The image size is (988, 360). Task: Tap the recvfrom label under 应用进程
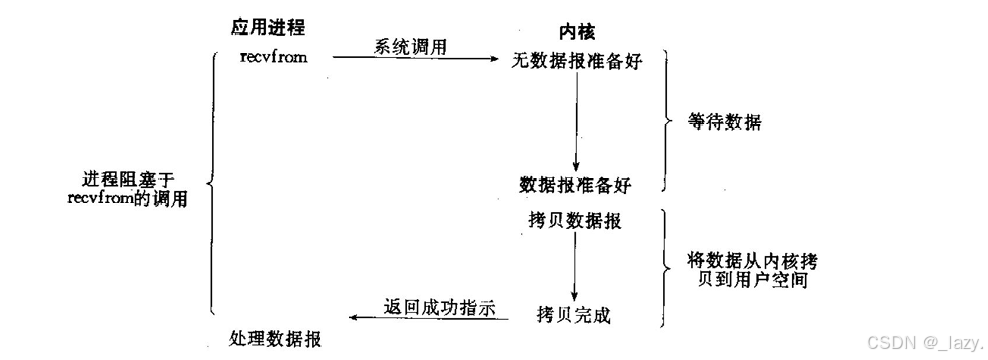tap(273, 56)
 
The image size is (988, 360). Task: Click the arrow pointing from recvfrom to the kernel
tap(416, 60)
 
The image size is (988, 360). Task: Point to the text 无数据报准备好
tap(575, 62)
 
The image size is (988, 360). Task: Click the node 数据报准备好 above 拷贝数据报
tap(575, 185)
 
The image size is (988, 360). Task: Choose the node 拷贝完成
tap(574, 315)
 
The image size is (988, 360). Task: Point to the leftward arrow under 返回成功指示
tap(430, 319)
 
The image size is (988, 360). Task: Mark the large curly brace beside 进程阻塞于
tap(212, 183)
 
